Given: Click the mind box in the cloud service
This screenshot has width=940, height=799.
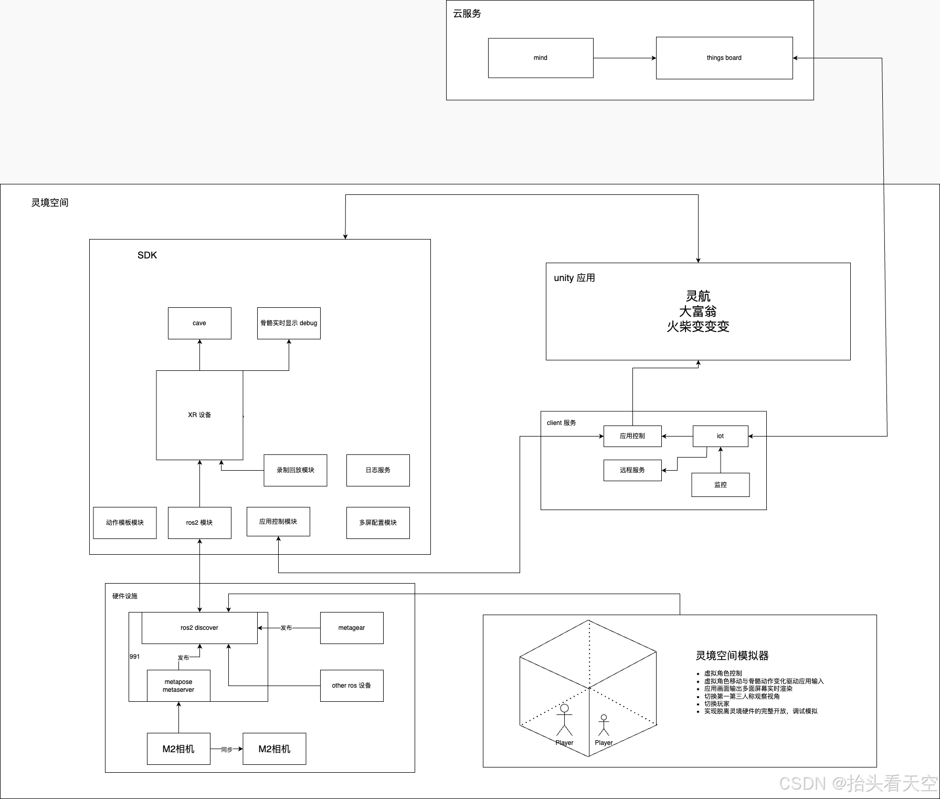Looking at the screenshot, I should [541, 58].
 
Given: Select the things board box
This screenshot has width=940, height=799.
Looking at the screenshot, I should [724, 58].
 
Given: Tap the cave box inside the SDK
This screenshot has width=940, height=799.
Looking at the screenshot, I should [199, 323].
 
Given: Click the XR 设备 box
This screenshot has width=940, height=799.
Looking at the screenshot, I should [199, 415].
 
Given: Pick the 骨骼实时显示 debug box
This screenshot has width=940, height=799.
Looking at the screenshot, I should [289, 323].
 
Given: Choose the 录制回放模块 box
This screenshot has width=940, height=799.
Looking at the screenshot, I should [295, 470].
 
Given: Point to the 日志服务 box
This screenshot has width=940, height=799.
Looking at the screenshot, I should [378, 470].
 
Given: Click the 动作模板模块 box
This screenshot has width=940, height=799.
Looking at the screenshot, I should [125, 523].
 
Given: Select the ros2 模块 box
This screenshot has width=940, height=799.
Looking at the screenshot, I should [199, 523].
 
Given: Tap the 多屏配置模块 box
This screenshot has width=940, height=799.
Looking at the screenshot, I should [378, 523].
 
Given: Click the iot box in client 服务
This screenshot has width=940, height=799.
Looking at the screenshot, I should [720, 436].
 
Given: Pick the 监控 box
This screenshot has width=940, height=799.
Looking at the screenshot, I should [720, 485].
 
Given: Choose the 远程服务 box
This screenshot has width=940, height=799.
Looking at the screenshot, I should [632, 470].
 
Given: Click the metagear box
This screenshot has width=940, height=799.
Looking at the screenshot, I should [352, 628].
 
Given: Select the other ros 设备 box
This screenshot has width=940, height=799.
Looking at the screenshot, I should [352, 686].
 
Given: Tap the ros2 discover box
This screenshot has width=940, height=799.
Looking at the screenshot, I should [199, 628].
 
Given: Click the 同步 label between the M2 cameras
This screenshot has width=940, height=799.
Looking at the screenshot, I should [227, 749].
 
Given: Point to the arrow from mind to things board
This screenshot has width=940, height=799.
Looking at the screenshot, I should [625, 58].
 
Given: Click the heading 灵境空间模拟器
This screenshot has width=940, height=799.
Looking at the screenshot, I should [732, 656].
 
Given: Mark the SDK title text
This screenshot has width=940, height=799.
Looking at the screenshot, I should [147, 255].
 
